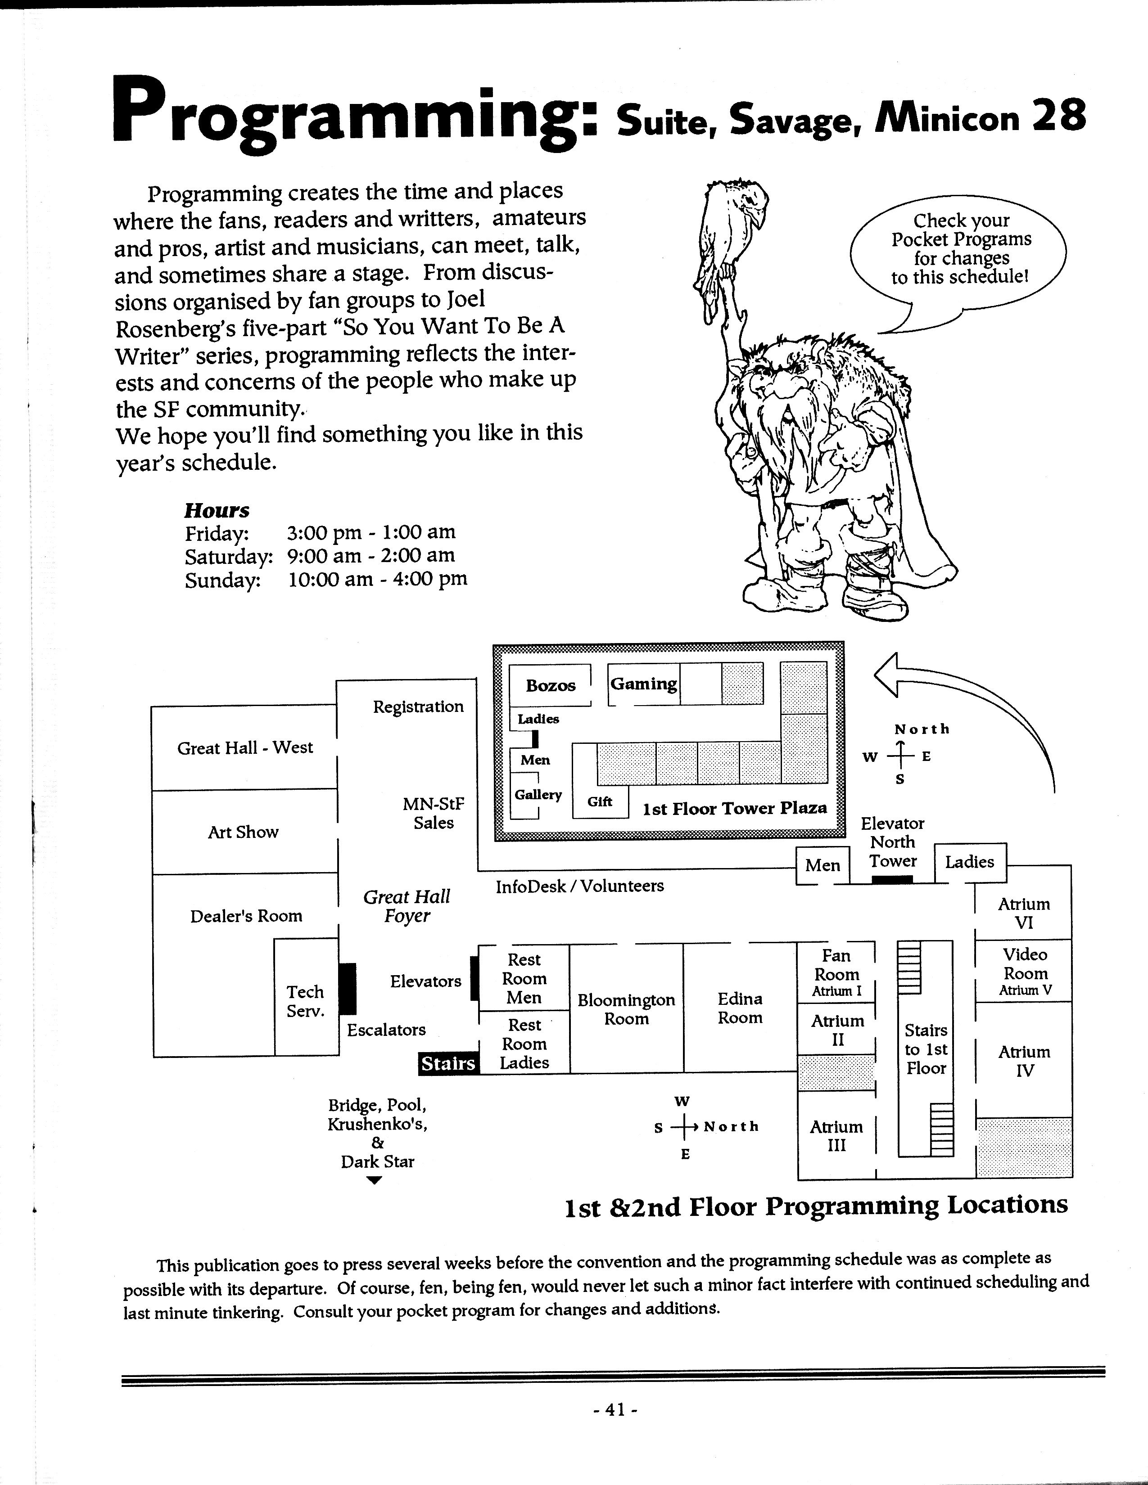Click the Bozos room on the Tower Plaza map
coord(550,685)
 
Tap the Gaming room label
coord(643,684)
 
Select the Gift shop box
coord(600,801)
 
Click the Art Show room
coord(244,832)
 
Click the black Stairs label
coord(448,1063)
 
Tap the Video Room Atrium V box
coord(1025,972)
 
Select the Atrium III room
coord(836,1135)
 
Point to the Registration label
coord(418,706)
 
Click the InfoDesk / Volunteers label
coord(579,886)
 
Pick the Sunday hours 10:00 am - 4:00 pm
coord(377,579)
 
